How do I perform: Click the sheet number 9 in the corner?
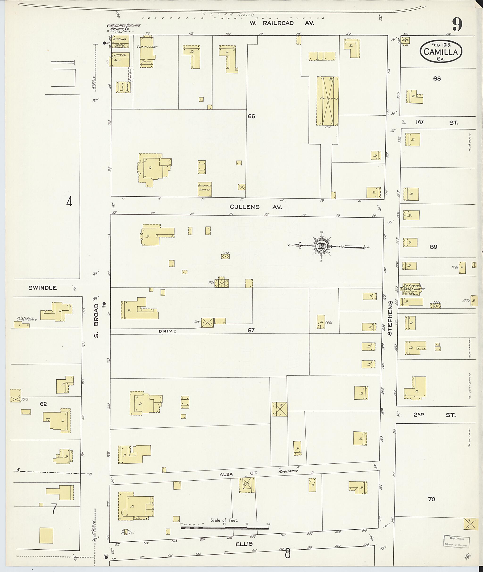pos(457,24)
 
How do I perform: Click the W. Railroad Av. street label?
pos(282,23)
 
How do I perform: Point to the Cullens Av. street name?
pos(255,207)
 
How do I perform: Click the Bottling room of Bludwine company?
pos(120,39)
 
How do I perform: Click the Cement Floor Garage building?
pos(204,189)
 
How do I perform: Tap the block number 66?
pos(251,117)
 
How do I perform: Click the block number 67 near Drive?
pos(251,330)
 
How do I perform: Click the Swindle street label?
pos(42,288)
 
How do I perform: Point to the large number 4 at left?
pos(69,202)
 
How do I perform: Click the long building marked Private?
pos(328,101)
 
